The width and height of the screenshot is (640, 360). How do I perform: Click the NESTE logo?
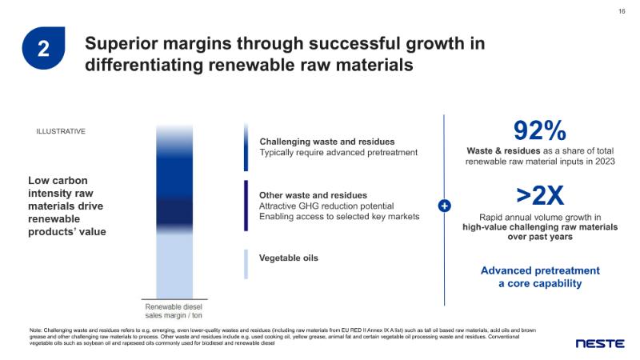(600, 344)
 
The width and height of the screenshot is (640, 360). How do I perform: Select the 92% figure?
(539, 130)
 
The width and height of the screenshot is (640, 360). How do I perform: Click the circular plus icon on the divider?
(445, 206)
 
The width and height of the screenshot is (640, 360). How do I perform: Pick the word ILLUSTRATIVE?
(61, 131)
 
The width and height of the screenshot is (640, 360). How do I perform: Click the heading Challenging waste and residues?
(327, 142)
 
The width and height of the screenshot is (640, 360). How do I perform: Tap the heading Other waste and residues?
(314, 195)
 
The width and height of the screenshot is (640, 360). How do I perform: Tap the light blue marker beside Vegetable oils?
(246, 264)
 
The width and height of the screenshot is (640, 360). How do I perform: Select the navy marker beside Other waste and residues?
(246, 206)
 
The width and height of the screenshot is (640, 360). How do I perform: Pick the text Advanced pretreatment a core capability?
(539, 277)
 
